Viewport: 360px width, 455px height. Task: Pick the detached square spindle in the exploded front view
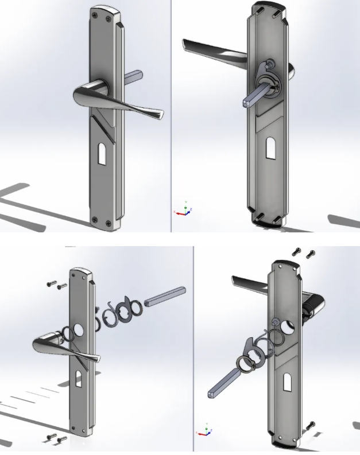click(x=165, y=296)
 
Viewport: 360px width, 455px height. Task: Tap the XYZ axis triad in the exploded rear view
click(x=205, y=430)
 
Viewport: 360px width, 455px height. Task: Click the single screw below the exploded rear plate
click(x=311, y=426)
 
